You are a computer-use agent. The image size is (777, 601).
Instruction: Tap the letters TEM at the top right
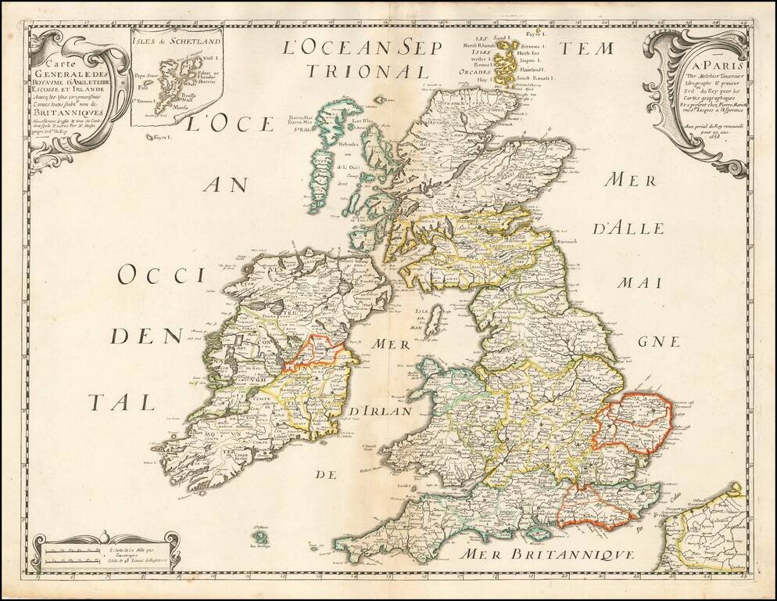(595, 49)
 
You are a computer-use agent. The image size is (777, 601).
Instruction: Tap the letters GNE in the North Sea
(654, 342)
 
